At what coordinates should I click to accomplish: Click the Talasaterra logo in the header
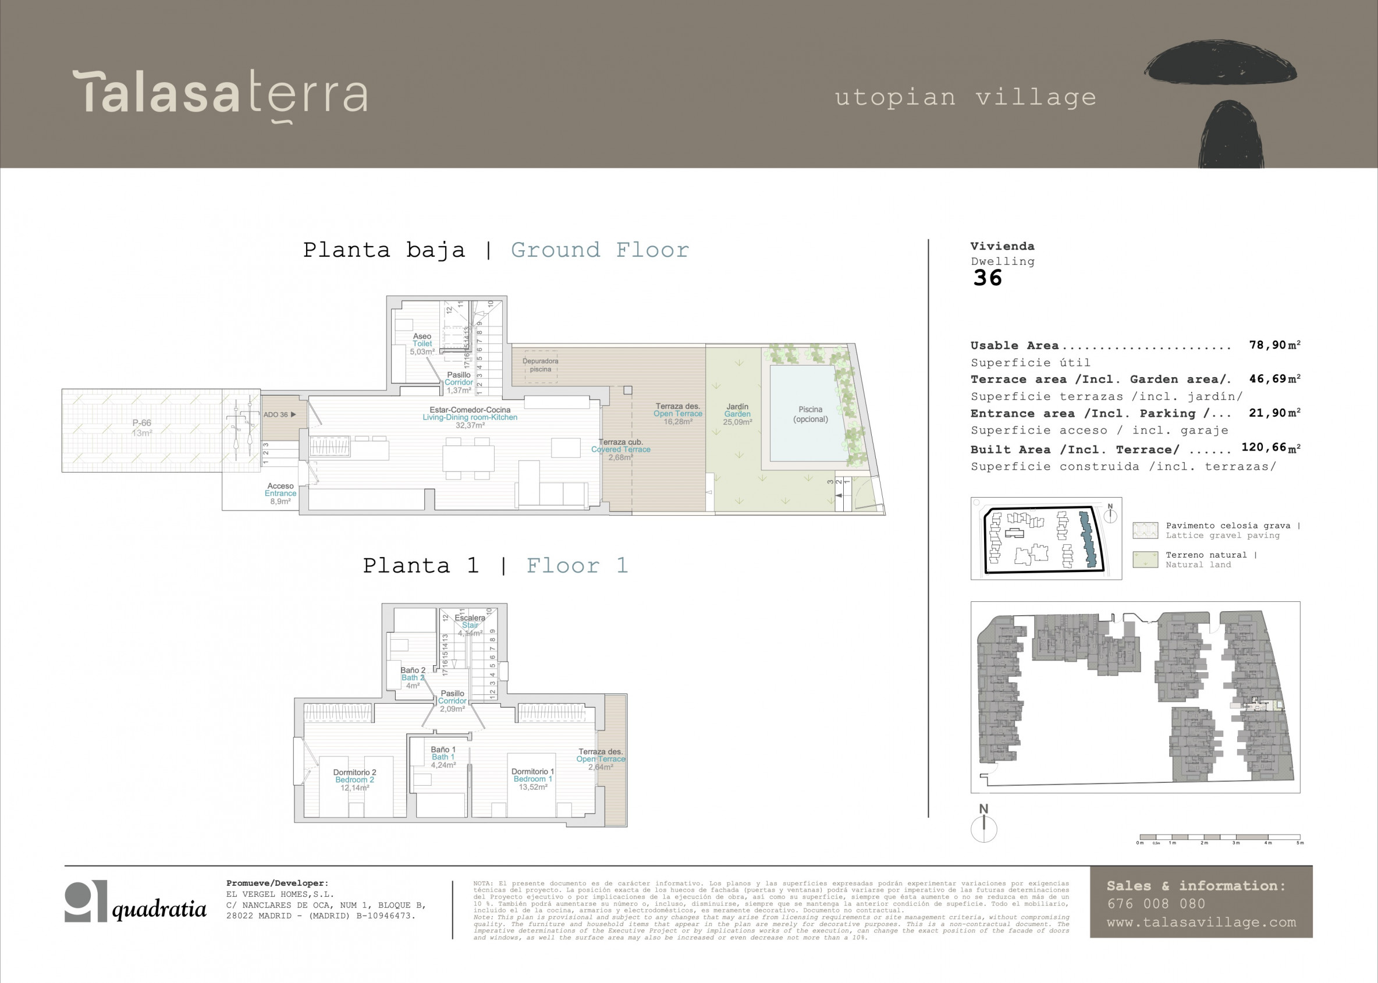click(220, 94)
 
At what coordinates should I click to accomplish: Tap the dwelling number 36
click(987, 278)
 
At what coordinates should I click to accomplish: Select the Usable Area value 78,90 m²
click(1274, 345)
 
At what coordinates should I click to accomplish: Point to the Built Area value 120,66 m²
click(1270, 448)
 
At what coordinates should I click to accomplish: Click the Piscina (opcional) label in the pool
click(811, 414)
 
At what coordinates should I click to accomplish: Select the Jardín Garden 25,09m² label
click(737, 414)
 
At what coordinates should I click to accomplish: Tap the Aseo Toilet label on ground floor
click(422, 343)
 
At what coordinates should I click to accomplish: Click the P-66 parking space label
click(141, 427)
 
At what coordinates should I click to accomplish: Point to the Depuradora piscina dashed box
click(541, 365)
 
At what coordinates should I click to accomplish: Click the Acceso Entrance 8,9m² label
click(280, 494)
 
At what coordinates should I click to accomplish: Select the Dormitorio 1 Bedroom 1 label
click(532, 779)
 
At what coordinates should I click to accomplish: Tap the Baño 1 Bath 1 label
click(443, 757)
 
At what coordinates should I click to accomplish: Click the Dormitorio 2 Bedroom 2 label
click(354, 780)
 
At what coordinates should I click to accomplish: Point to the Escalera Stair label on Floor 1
click(470, 625)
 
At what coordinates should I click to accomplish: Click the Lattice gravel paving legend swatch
click(1145, 530)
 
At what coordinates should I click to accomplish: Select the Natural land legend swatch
click(1145, 559)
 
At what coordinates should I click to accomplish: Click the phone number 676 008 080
click(1156, 904)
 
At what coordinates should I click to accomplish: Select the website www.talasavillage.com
click(1201, 922)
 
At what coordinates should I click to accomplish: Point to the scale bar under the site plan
click(1220, 837)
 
